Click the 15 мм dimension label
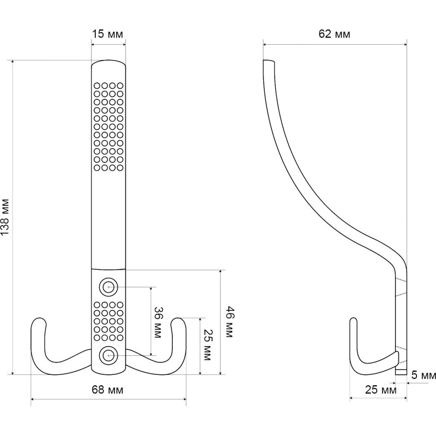pyautogui.click(x=107, y=34)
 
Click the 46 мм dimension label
pyautogui.click(x=229, y=322)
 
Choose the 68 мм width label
pyautogui.click(x=107, y=390)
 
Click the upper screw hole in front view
pyautogui.click(x=108, y=287)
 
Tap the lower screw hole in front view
pyautogui.click(x=108, y=355)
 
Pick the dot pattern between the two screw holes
pyautogui.click(x=108, y=322)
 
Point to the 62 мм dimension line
pyautogui.click(x=335, y=44)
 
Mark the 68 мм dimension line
pyautogui.click(x=108, y=401)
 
